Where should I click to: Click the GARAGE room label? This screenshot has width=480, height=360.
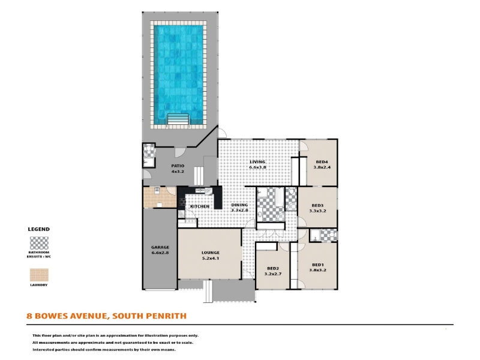(x=160, y=247)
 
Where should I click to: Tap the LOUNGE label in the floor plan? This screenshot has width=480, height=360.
(x=211, y=253)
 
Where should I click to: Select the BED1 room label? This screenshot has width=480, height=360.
(x=318, y=265)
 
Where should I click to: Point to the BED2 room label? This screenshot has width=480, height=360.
(x=273, y=269)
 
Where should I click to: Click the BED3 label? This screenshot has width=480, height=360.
(x=317, y=205)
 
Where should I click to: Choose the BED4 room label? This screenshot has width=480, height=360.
(x=322, y=162)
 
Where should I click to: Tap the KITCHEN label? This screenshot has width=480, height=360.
(x=200, y=206)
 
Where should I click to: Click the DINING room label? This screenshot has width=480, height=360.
(x=239, y=205)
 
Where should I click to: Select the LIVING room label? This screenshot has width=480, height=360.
(x=257, y=162)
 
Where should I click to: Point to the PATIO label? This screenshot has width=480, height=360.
(x=178, y=166)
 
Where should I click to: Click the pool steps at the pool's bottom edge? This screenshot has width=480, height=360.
(x=178, y=119)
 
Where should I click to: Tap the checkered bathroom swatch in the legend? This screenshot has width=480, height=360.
(x=39, y=244)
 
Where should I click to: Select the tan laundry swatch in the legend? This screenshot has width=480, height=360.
(x=39, y=275)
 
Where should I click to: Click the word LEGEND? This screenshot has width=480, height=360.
(x=38, y=229)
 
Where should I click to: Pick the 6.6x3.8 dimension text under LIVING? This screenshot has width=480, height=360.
(x=257, y=167)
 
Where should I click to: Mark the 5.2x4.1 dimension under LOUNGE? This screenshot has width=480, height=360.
(x=211, y=258)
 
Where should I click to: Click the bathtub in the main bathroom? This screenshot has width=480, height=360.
(x=280, y=197)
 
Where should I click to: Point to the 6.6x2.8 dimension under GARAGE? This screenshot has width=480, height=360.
(x=160, y=253)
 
